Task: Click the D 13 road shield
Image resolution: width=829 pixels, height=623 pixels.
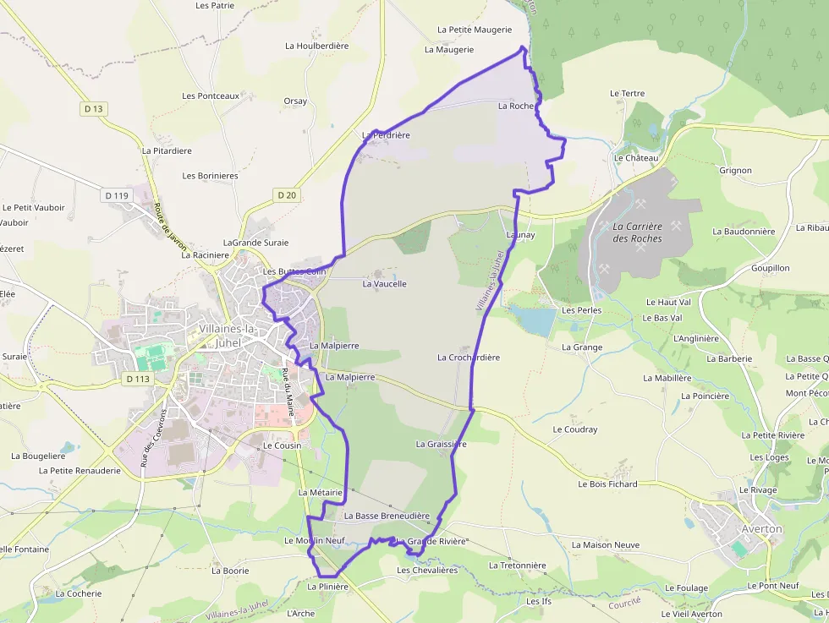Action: pyautogui.click(x=94, y=108)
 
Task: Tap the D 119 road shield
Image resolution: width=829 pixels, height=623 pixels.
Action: pyautogui.click(x=118, y=195)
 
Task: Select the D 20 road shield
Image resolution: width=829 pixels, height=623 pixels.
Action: pyautogui.click(x=287, y=194)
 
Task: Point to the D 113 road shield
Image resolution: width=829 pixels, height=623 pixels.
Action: pyautogui.click(x=138, y=379)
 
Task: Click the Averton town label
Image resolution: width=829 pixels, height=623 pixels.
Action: pyautogui.click(x=761, y=529)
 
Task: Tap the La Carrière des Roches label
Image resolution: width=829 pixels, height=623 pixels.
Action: pyautogui.click(x=637, y=232)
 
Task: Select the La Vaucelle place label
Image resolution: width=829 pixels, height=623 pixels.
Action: pyautogui.click(x=384, y=284)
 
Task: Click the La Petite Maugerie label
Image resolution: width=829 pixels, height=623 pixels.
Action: pyautogui.click(x=475, y=30)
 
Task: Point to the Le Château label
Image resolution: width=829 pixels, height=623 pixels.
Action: pyautogui.click(x=636, y=158)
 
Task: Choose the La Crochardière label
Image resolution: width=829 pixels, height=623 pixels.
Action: pyautogui.click(x=469, y=358)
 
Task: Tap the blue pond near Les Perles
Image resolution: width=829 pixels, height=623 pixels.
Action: pyautogui.click(x=534, y=320)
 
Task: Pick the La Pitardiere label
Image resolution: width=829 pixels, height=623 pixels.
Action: pyautogui.click(x=167, y=151)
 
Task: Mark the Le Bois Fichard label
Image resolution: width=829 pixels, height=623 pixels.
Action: pyautogui.click(x=607, y=484)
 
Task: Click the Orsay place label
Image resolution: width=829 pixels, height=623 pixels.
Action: pyautogui.click(x=295, y=101)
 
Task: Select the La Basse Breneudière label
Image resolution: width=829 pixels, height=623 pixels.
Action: pyautogui.click(x=387, y=516)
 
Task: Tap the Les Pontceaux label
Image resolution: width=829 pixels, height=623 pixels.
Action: pyautogui.click(x=211, y=96)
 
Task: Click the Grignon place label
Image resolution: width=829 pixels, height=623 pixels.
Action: pyautogui.click(x=735, y=171)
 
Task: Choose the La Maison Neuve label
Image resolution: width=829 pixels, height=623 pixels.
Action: pyautogui.click(x=606, y=545)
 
